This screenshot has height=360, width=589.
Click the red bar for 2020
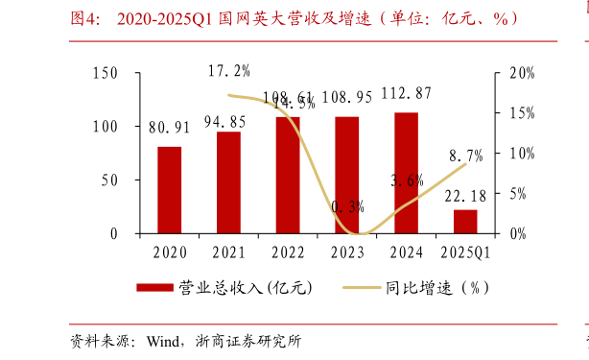point(169,190)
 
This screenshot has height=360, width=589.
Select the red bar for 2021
point(228,182)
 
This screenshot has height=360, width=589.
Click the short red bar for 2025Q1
point(465,222)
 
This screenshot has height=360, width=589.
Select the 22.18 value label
point(465,197)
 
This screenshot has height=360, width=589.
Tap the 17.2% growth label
point(229,71)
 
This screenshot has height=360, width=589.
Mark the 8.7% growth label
point(465,155)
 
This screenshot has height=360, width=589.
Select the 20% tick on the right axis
point(521,73)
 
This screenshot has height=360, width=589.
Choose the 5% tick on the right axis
point(518,194)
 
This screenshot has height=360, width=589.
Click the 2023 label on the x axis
point(346,253)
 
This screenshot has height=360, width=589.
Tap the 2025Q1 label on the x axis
point(465,253)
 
